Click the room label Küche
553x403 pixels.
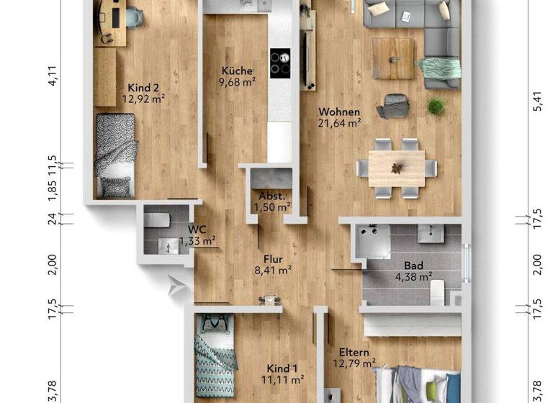coord(237,71)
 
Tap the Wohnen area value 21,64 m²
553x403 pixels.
coord(339,123)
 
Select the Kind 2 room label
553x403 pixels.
coord(143,88)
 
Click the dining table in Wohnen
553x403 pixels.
coord(397,168)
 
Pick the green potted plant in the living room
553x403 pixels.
coord(436,107)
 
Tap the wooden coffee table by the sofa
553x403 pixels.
coord(393,58)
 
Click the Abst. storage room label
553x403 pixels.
coord(271,196)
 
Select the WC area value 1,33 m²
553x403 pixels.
coord(196,242)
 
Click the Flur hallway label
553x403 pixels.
coord(272,258)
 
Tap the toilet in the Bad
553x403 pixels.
coord(437,291)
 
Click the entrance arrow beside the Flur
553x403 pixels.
coord(175,286)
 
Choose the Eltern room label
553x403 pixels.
coord(354,353)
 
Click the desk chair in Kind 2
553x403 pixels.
coord(134,16)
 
